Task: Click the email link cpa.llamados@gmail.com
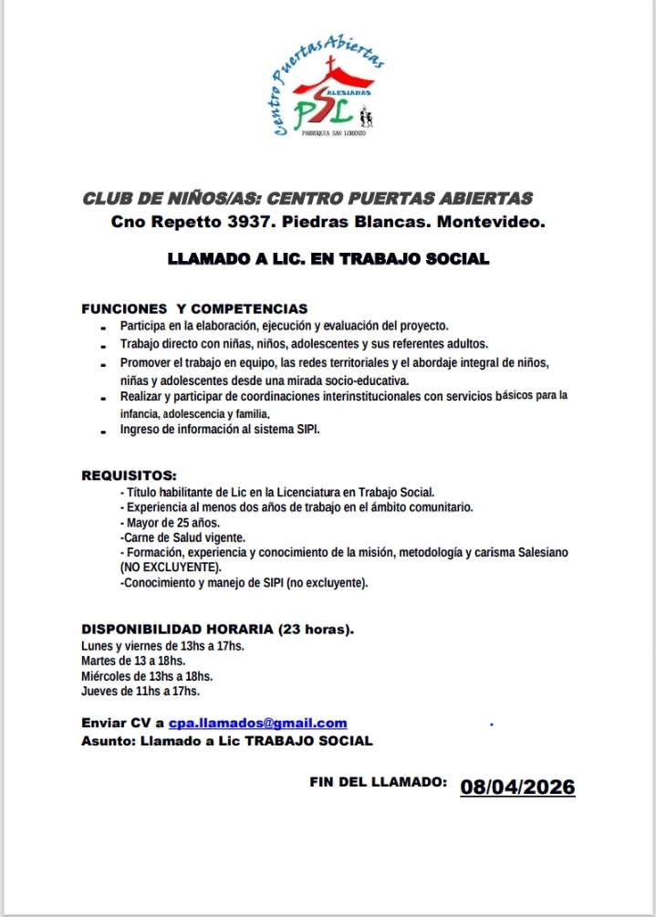(257, 724)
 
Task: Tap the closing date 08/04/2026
(517, 787)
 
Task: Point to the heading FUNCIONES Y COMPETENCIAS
(194, 308)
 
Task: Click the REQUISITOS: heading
(130, 475)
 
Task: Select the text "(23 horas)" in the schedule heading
(316, 630)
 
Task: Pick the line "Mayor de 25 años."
(170, 523)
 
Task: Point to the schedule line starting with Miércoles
(147, 676)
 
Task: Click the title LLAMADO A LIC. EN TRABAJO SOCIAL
(328, 259)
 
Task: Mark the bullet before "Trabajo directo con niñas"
(106, 346)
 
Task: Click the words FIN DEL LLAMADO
(378, 782)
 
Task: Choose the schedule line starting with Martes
(133, 661)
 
